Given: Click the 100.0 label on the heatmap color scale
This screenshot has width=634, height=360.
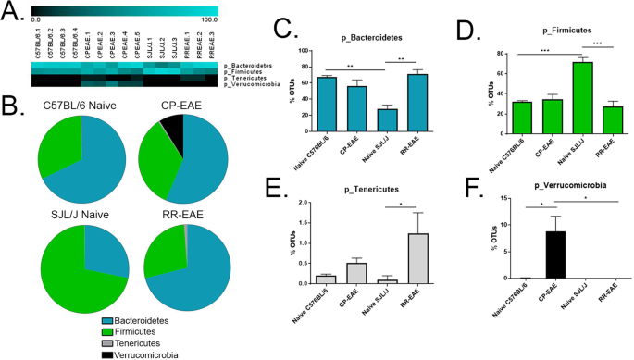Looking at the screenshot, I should (207, 19).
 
